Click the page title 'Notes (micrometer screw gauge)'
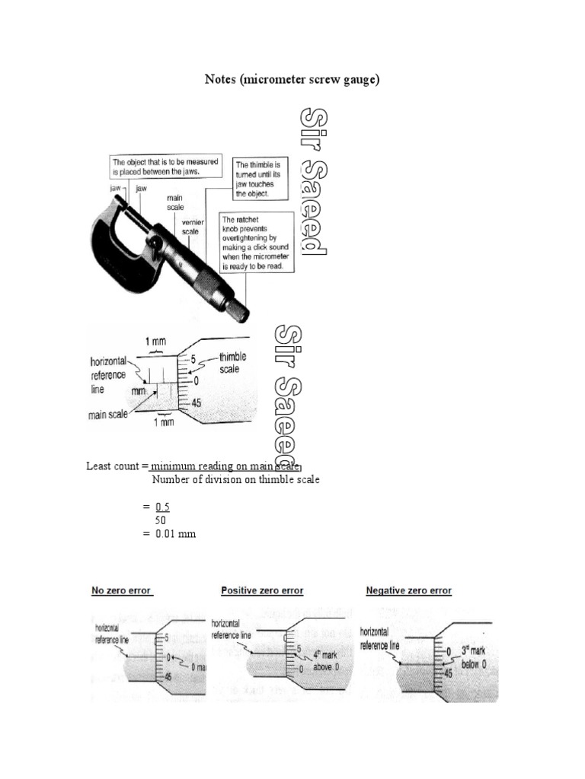pos(292,79)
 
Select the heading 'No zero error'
pos(122,590)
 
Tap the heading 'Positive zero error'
pos(261,590)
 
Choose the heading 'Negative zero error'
pos(408,590)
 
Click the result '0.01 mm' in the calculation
pos(175,534)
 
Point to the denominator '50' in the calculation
pos(160,520)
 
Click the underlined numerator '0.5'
pos(161,507)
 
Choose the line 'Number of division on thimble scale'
pos(235,480)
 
